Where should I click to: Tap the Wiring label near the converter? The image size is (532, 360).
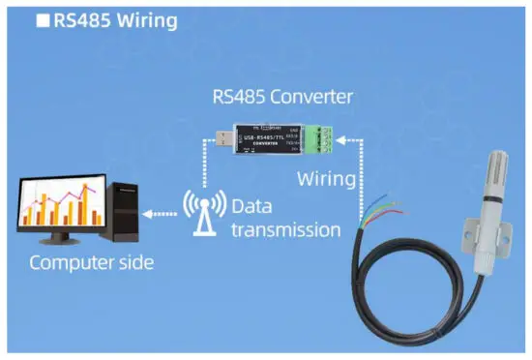coord(328,180)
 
